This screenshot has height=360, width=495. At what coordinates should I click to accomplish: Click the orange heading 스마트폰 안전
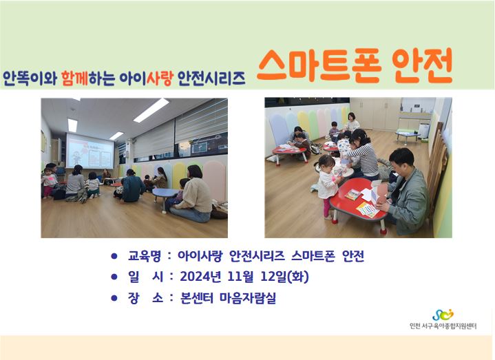point(355,65)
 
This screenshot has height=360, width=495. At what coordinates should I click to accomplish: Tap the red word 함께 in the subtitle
point(74,78)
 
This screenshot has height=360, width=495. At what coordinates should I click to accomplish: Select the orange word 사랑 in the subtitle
point(160,78)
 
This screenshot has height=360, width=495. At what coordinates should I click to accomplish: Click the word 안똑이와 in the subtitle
point(30,78)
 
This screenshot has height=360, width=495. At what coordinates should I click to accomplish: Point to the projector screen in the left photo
point(90,151)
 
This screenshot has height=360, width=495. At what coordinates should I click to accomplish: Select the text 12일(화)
point(284,277)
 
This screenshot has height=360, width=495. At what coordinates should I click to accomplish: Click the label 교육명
point(145,255)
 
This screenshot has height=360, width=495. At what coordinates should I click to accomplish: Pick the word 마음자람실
point(248,298)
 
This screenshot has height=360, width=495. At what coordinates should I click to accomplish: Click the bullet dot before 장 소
point(114,298)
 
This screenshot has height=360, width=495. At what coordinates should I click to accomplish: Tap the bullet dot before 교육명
point(114,256)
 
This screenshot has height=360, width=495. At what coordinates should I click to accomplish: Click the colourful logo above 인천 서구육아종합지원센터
point(443,315)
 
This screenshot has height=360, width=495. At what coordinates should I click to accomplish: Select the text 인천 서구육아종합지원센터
point(443,326)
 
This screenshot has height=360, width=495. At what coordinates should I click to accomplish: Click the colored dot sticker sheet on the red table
point(368,210)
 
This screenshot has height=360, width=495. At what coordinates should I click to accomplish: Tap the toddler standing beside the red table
point(327,186)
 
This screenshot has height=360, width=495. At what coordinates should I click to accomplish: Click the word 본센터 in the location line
point(197,298)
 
